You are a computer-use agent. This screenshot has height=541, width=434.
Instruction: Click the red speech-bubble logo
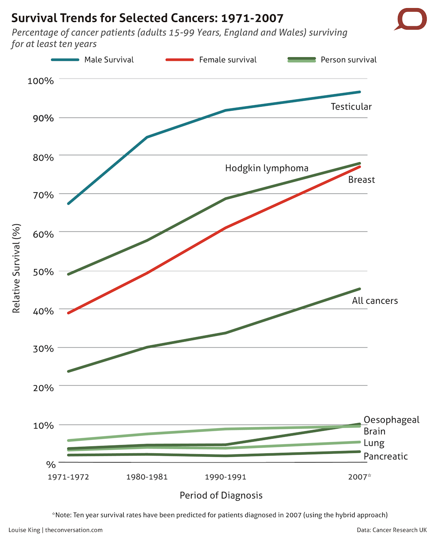(411, 19)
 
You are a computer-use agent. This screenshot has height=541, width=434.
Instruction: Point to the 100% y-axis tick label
(40, 81)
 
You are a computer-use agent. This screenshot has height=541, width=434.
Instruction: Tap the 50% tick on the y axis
(43, 272)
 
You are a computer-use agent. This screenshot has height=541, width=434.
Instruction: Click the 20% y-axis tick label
(43, 387)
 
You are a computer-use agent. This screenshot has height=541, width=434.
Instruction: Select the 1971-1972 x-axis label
(68, 477)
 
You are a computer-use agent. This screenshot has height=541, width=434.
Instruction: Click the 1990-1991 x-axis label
(225, 477)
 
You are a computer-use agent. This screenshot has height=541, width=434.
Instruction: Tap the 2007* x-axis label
(359, 477)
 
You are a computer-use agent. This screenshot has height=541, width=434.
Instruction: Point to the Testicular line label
(351, 107)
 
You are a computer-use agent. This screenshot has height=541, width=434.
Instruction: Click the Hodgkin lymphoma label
(266, 168)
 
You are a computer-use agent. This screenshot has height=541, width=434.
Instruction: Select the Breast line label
(362, 180)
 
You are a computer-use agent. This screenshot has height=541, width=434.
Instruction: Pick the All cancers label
(375, 301)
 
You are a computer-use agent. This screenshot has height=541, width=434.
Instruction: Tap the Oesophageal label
(391, 420)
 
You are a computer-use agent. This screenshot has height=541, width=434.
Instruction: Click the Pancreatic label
(385, 456)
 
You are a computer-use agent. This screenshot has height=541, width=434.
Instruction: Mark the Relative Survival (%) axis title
(16, 268)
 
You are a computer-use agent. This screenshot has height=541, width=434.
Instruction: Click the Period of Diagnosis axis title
(221, 495)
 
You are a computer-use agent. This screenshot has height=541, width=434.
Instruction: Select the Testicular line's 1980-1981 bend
(147, 137)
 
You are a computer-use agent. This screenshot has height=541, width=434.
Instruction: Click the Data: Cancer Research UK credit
(391, 530)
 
